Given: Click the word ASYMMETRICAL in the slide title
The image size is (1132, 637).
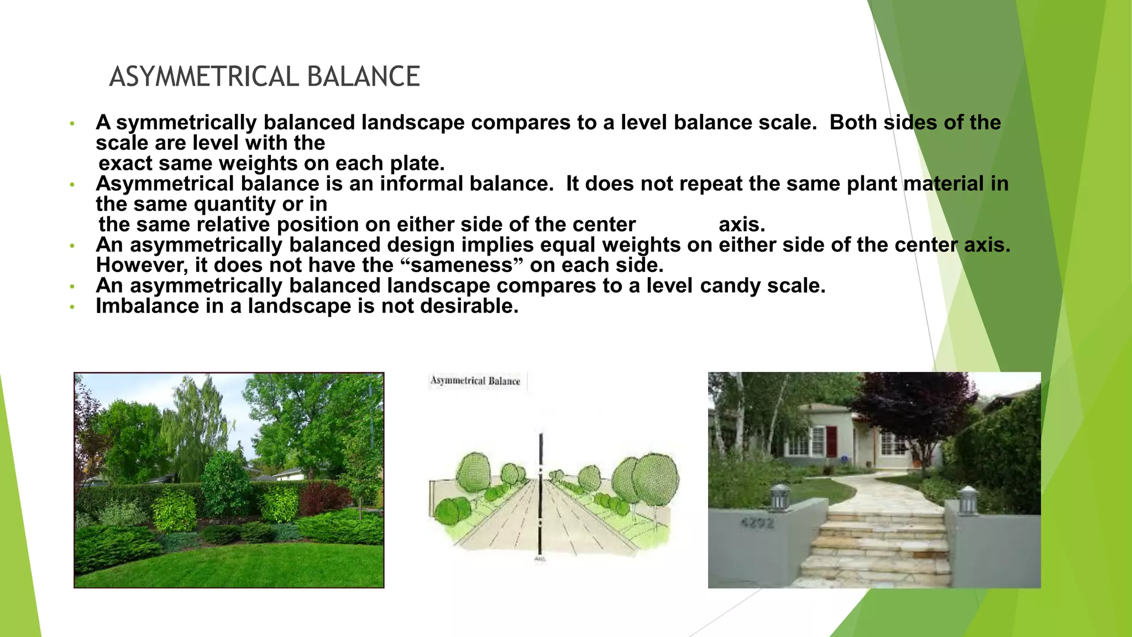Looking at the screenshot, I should [x=205, y=77].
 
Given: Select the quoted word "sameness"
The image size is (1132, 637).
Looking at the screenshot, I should [x=461, y=265].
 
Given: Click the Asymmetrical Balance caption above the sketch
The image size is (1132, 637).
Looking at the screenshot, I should [x=475, y=381].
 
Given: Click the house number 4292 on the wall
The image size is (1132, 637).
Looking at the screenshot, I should [x=757, y=522].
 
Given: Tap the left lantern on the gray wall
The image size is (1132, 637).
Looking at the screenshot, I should [x=779, y=497].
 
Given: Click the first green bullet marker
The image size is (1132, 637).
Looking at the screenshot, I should [x=72, y=123].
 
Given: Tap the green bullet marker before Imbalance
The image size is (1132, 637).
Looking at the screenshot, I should [x=72, y=307].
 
